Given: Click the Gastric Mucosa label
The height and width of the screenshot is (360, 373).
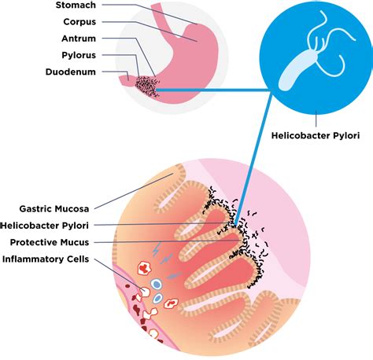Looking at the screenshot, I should point(54,209).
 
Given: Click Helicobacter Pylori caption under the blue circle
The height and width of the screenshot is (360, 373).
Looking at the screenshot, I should point(315,136).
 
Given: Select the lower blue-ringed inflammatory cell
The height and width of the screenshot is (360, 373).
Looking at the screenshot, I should point(157,299).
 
